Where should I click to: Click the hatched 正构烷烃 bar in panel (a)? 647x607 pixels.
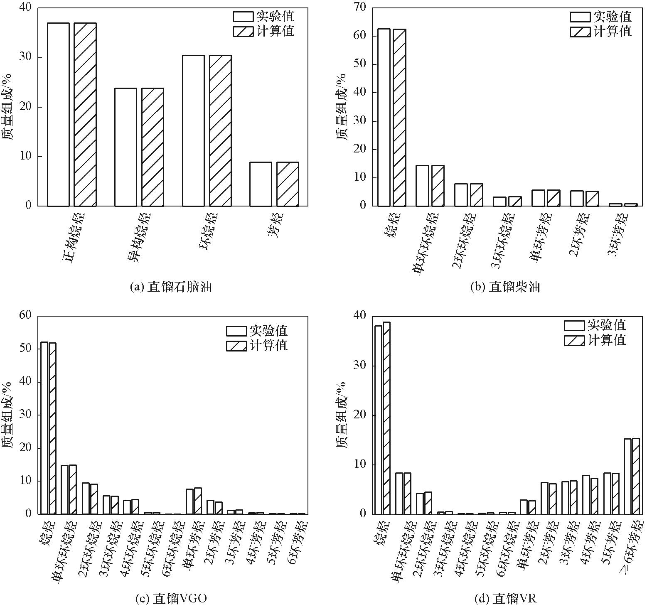85,114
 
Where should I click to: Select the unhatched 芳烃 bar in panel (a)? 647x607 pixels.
261,184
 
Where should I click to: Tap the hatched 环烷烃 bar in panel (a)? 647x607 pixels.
220,130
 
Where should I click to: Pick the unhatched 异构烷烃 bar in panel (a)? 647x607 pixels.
125,147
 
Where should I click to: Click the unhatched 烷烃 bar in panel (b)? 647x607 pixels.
384,117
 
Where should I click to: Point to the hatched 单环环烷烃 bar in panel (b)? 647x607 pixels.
438,186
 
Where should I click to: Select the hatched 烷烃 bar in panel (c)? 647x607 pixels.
52,428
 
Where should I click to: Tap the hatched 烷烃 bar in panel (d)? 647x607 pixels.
386,418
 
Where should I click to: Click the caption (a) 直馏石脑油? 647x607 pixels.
171,287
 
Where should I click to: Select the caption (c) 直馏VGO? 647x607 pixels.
171,598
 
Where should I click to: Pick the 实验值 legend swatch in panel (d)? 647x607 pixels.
574,325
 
